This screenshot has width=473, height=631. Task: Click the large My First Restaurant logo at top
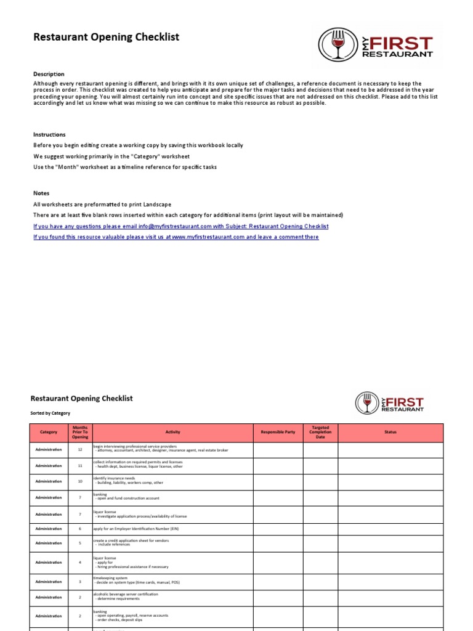point(376,45)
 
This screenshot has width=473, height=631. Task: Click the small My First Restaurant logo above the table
point(390,402)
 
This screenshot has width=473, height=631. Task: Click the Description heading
point(49,74)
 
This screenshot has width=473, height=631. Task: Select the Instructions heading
point(49,134)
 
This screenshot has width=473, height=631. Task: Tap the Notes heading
point(41,193)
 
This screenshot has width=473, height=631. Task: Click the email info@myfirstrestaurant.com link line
point(180,226)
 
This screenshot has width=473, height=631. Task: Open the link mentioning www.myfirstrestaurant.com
point(176,237)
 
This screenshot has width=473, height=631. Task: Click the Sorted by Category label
point(51,413)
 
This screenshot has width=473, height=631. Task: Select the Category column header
point(49,432)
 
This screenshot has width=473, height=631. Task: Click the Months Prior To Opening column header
point(80,432)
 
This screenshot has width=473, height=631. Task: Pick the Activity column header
point(172,432)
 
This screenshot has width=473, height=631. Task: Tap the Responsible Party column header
point(278,432)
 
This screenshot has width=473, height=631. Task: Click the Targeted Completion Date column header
point(320,432)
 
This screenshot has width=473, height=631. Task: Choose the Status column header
point(390,432)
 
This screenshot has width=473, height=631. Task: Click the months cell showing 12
point(80,450)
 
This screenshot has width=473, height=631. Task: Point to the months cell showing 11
point(80,466)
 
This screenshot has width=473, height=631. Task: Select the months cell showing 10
point(80,481)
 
